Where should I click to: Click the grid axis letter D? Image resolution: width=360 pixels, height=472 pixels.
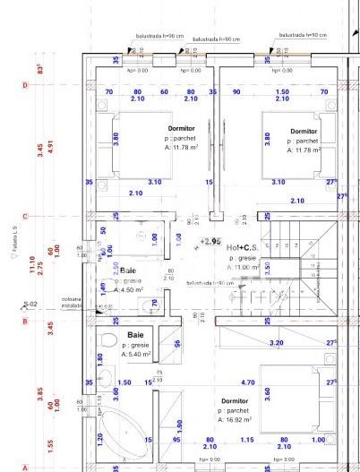click(25, 85)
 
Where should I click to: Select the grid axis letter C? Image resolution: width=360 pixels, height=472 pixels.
click(25, 216)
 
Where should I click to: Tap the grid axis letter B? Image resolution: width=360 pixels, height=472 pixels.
click(25, 320)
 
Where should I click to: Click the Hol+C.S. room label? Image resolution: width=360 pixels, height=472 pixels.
click(243, 247)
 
